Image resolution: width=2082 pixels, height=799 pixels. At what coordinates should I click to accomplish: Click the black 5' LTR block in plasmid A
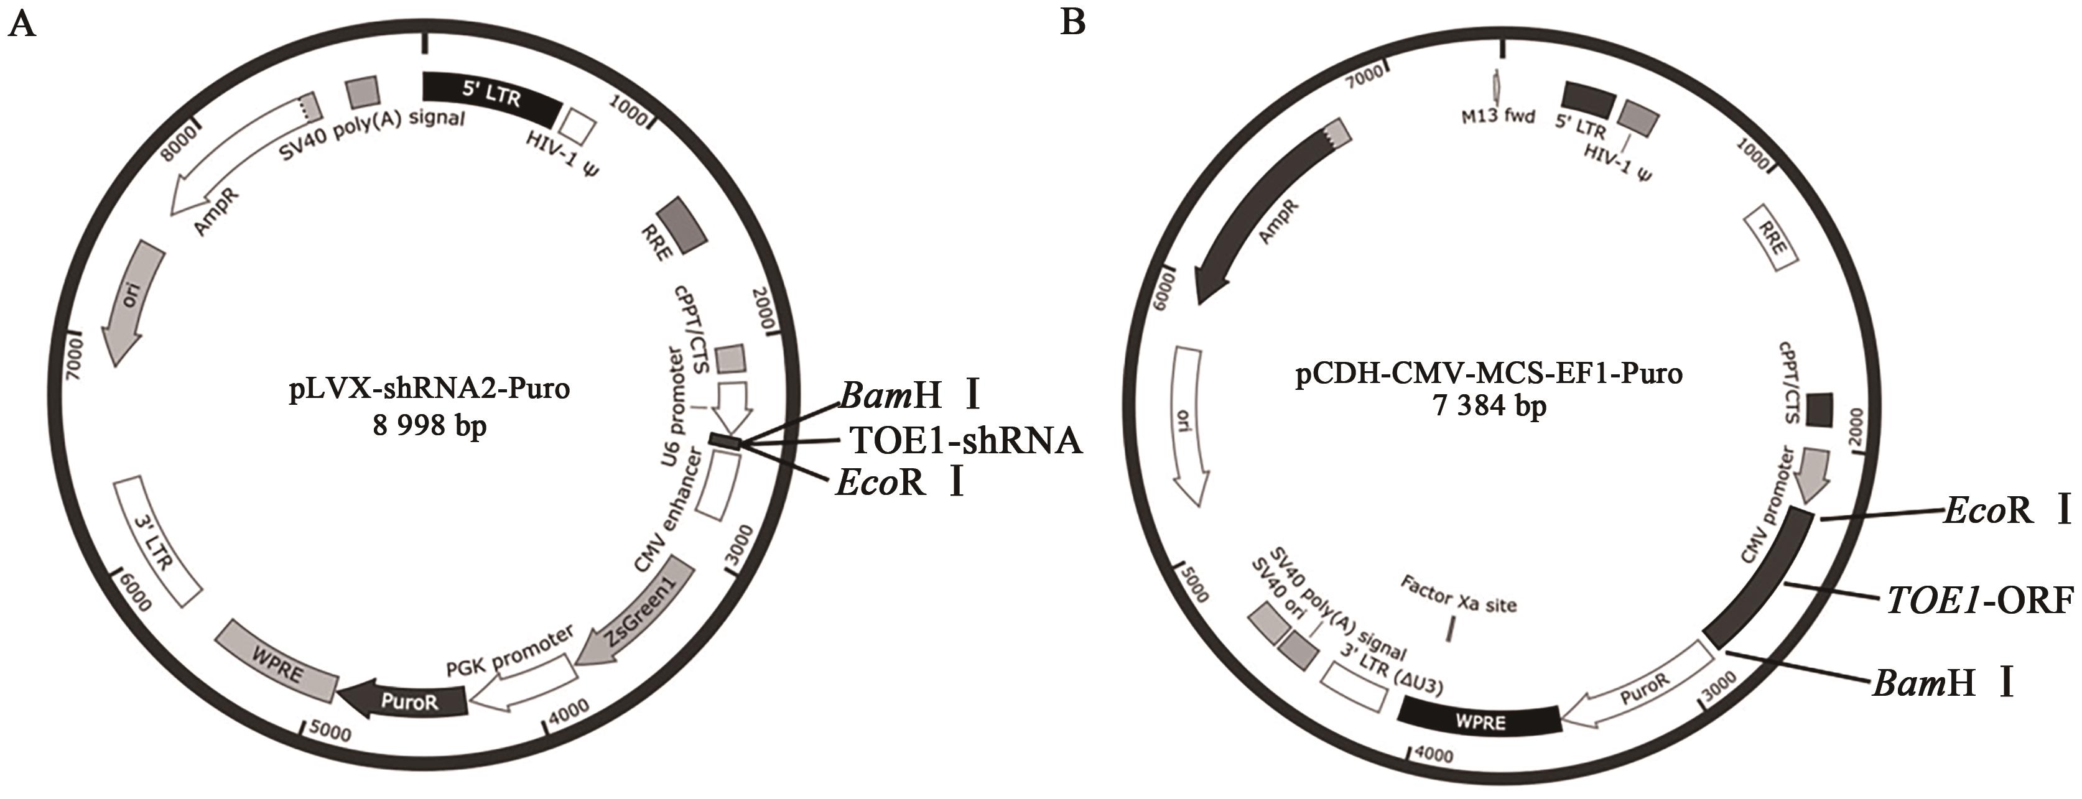[491, 97]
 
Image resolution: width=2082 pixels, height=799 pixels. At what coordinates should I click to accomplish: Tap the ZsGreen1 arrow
[640, 614]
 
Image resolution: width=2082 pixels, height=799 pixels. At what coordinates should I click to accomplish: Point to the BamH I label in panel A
[910, 397]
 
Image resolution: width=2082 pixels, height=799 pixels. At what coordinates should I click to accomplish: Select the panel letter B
[1072, 22]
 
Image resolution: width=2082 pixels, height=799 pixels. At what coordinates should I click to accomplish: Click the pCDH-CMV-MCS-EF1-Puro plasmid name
[1490, 373]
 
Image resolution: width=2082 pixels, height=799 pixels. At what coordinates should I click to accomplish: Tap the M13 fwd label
[1497, 116]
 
